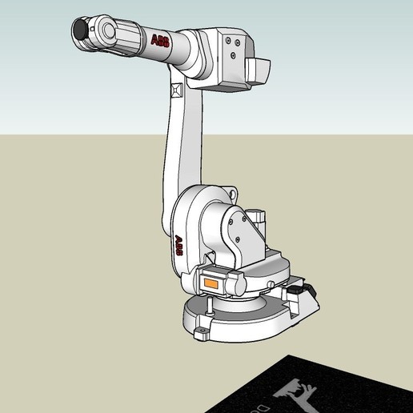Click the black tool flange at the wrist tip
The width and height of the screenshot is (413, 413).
80,30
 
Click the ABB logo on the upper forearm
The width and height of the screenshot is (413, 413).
160,41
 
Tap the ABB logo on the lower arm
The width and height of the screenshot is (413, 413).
179,244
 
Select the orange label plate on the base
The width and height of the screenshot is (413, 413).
212,283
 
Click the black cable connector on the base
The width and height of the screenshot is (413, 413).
302,289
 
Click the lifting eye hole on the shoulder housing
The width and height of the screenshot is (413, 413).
233,192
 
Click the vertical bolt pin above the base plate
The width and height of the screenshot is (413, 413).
209,306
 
